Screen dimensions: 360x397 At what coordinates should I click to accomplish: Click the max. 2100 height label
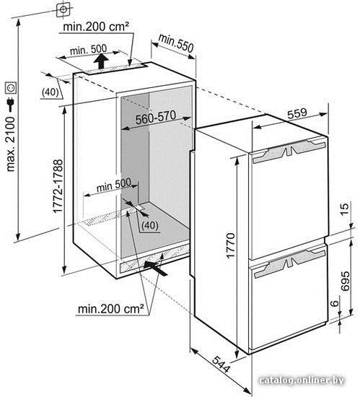click(11, 144)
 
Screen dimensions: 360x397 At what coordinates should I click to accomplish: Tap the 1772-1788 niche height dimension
click(58, 186)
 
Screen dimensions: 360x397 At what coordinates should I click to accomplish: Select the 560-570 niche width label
click(156, 118)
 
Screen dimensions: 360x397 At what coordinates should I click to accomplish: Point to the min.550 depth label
click(176, 43)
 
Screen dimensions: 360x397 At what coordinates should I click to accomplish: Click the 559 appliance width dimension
click(297, 113)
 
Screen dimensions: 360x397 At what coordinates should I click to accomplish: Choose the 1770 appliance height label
click(230, 245)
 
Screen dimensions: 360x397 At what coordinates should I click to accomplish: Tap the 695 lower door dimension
click(345, 281)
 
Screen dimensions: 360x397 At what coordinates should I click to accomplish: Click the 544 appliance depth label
click(221, 364)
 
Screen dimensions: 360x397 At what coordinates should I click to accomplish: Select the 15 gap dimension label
click(345, 209)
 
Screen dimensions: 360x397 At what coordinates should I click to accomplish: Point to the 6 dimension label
click(335, 303)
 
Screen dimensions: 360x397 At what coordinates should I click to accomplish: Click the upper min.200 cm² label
click(96, 26)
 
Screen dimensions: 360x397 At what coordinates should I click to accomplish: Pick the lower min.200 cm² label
click(111, 309)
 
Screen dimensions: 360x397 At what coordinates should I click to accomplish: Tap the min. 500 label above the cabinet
click(88, 50)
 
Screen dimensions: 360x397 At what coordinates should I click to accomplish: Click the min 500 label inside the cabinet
click(114, 185)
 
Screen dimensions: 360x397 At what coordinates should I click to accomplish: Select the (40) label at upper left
click(50, 92)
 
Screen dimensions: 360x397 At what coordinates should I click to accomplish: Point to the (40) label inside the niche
click(150, 225)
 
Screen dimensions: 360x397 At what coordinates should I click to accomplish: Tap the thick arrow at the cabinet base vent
click(155, 269)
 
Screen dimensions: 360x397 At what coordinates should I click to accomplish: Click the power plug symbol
click(11, 105)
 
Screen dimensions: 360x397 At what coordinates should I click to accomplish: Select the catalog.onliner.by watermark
click(302, 380)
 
